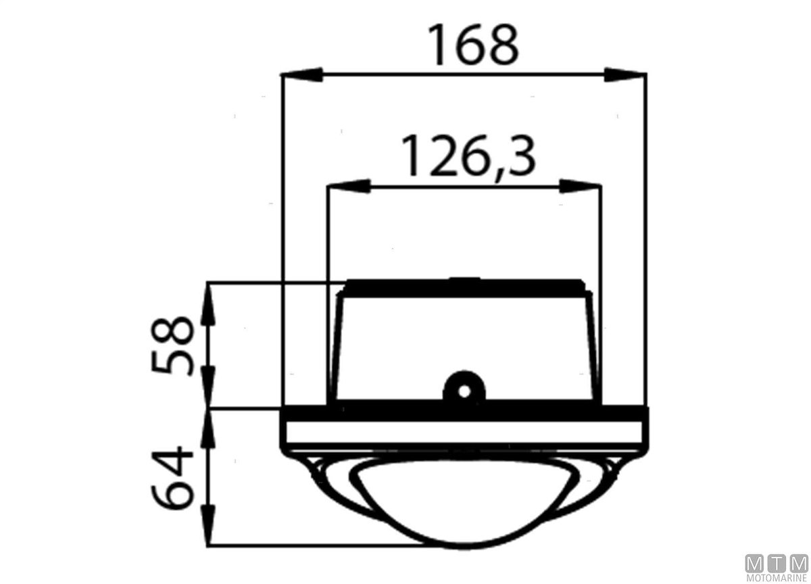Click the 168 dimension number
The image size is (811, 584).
point(473,45)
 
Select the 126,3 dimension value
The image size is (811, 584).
point(468,156)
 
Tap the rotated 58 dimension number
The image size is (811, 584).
point(173,346)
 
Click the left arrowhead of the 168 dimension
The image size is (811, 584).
point(301,74)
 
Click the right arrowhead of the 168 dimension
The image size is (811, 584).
point(625,74)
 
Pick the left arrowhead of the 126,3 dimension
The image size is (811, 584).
point(349,186)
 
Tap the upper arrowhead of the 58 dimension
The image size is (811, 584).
point(208,303)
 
